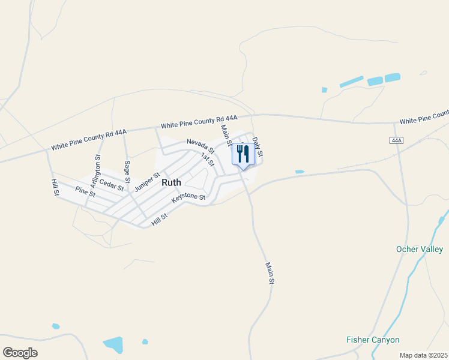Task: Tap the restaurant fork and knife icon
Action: pyautogui.click(x=243, y=154)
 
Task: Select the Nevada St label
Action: pyautogui.click(x=200, y=146)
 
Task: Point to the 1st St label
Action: pyautogui.click(x=208, y=160)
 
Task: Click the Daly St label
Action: pyautogui.click(x=258, y=147)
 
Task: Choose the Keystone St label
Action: pyautogui.click(x=188, y=197)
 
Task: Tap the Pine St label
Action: pyautogui.click(x=85, y=192)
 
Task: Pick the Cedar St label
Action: pyautogui.click(x=112, y=185)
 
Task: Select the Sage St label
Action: pyautogui.click(x=127, y=172)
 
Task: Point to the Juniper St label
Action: pyautogui.click(x=147, y=181)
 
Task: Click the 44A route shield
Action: pyautogui.click(x=396, y=140)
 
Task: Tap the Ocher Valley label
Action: pyautogui.click(x=420, y=249)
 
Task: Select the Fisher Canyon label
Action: pyautogui.click(x=373, y=340)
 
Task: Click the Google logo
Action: pyautogui.click(x=20, y=353)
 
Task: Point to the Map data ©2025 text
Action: pyautogui.click(x=423, y=355)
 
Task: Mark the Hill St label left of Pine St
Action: pyautogui.click(x=55, y=188)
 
